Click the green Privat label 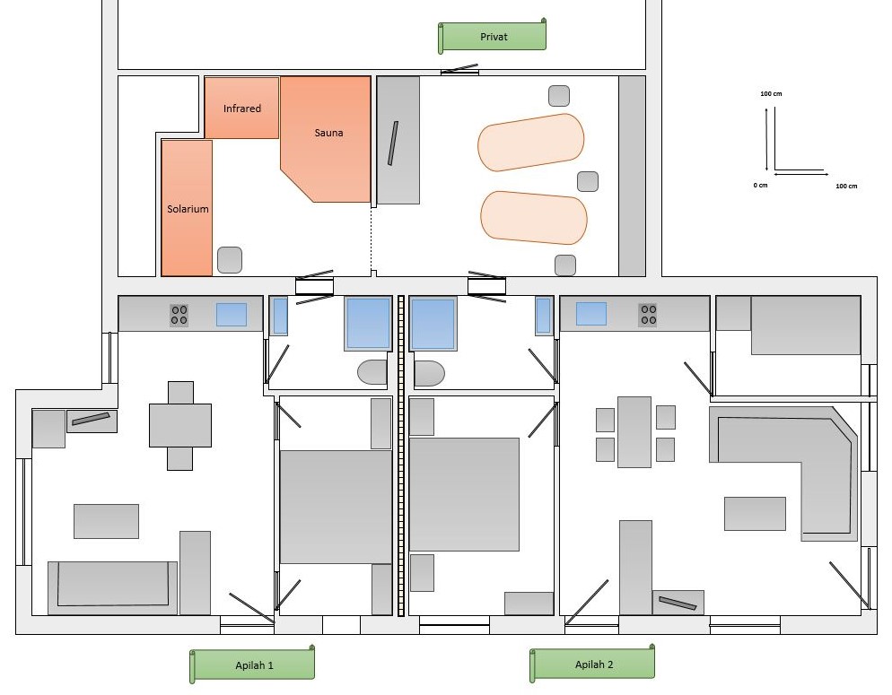tap(492, 37)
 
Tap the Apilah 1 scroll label tap(252, 665)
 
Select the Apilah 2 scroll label tap(592, 664)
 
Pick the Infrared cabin tap(241, 108)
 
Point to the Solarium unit tap(187, 208)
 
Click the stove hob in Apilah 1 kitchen tap(179, 315)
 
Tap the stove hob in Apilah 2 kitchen tap(648, 314)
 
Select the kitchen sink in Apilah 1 tap(232, 314)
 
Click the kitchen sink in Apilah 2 tap(591, 314)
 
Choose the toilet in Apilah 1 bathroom tap(372, 372)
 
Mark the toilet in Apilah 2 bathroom tap(429, 373)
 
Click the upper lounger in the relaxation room tap(530, 142)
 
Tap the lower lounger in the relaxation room tap(534, 218)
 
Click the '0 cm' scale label tap(761, 186)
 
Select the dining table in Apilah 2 tap(634, 432)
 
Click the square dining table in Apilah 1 tap(180, 426)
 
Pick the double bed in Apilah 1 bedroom tap(336, 507)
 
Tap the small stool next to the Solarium tap(230, 260)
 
